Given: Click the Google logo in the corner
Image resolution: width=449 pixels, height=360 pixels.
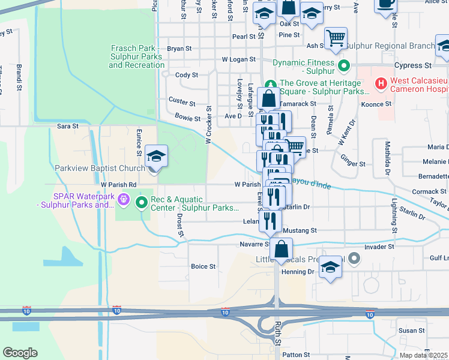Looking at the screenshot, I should pyautogui.click(x=20, y=353).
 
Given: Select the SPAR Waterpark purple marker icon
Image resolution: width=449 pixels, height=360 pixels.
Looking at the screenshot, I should pyautogui.click(x=124, y=198).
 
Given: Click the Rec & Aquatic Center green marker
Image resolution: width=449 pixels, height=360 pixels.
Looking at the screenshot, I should pyautogui.click(x=142, y=202).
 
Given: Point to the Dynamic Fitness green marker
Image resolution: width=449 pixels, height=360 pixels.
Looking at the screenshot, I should pyautogui.click(x=344, y=65).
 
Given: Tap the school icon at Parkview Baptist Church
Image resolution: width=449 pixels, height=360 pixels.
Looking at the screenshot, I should pyautogui.click(x=156, y=157).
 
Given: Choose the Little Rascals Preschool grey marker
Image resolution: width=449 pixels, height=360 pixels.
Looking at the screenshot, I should pyautogui.click(x=354, y=259).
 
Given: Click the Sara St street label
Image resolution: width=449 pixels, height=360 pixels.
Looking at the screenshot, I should pyautogui.click(x=67, y=127).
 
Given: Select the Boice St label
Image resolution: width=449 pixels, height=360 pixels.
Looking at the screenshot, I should pyautogui.click(x=203, y=266).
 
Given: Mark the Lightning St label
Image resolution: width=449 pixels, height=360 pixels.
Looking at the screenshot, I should pyautogui.click(x=394, y=215).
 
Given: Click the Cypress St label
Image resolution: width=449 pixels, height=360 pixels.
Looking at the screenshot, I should pyautogui.click(x=413, y=65).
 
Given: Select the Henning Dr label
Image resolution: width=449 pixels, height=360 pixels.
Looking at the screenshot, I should pyautogui.click(x=303, y=272).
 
